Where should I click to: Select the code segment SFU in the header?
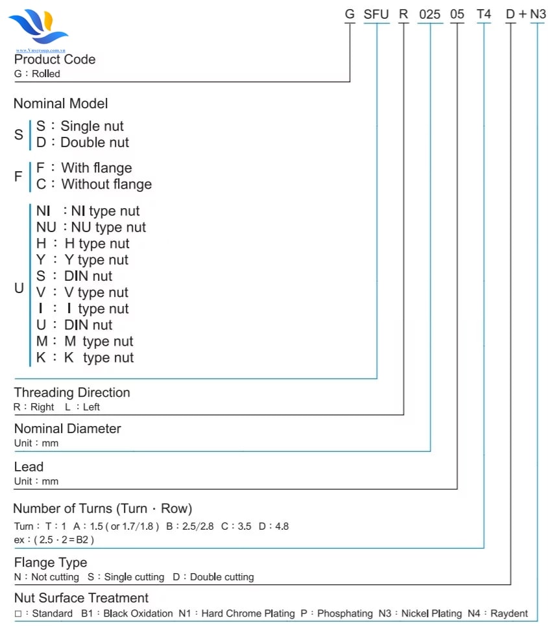pos(376,13)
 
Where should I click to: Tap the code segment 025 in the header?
pos(429,13)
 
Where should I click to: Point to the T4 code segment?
pos(484,13)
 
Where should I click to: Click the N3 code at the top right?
pos(538,13)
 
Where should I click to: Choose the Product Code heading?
pos(54,59)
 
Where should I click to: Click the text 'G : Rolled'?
pos(37,74)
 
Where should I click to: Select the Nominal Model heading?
pos(60,103)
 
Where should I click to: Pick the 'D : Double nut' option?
pos(82,142)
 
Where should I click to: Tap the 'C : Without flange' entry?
pos(94,184)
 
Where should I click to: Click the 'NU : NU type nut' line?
pos(91,227)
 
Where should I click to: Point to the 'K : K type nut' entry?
pos(85,357)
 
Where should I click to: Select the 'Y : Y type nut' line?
pos(82,259)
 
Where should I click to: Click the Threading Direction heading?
pos(72,392)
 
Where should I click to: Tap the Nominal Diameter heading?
pos(67,429)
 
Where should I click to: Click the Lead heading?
pos(29,466)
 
